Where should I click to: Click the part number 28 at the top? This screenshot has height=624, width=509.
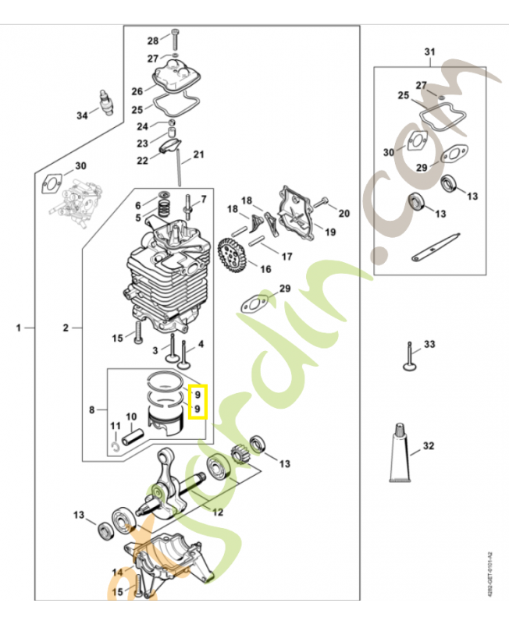153,40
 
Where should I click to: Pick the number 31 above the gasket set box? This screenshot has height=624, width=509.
429,52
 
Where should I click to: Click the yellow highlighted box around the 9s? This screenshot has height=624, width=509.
198,401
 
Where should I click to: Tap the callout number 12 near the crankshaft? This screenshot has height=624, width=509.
218,512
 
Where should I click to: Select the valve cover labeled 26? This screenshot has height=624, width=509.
177,78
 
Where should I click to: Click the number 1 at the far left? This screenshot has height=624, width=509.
18,328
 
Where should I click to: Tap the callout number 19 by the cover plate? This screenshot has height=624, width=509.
330,232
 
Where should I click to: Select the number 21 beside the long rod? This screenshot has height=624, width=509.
198,154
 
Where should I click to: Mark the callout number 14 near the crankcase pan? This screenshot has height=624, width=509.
116,572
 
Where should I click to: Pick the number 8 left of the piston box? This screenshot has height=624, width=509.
92,409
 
